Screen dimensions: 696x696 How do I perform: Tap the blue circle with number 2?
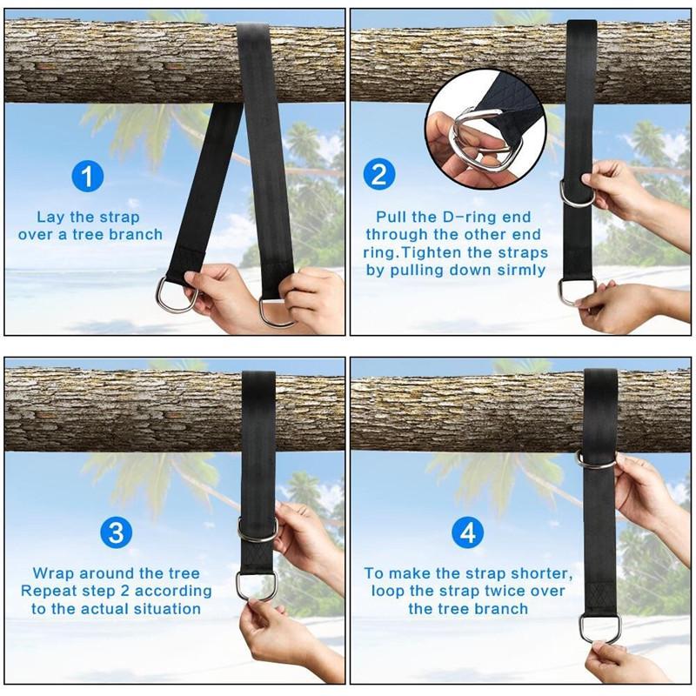(x=378, y=175)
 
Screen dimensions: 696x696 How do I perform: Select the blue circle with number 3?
(x=116, y=532)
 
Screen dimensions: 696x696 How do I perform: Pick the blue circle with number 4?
(x=467, y=532)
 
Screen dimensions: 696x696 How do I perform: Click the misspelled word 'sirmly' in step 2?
(x=519, y=270)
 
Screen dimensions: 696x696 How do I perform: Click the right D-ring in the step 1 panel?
(x=277, y=311)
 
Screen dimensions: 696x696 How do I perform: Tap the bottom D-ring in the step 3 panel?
(x=256, y=585)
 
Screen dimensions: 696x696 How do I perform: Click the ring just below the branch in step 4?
(x=596, y=458)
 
